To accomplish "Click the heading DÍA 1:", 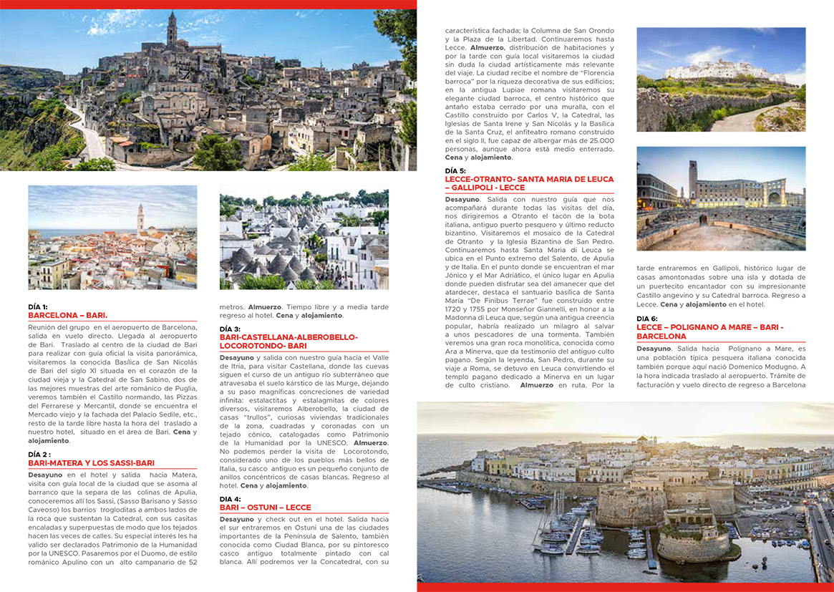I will [38, 306].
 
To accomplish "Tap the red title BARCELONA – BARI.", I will [67, 315].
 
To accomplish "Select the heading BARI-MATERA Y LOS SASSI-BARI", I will [91, 463].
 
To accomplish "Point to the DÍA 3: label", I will [230, 329].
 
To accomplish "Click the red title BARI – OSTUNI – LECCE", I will [265, 508].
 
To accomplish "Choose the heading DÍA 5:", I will [455, 170].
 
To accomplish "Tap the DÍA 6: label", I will [647, 319].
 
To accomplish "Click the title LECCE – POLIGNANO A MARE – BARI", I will [709, 327].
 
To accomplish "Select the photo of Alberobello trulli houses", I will [304, 238].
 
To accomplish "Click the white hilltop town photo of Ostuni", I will [721, 79].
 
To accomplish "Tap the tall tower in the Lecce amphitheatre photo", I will [692, 179].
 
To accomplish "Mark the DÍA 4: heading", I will [230, 499].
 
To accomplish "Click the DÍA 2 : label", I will [39, 455].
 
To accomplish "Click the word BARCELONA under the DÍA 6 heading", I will [661, 336].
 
